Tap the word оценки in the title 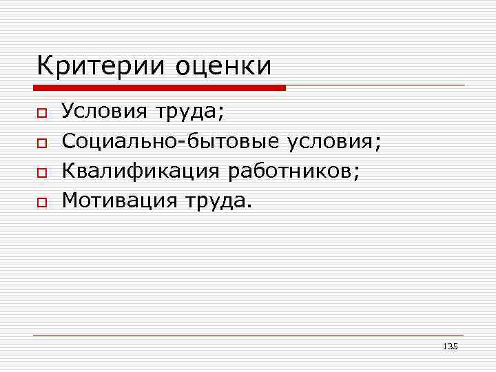pos(224,68)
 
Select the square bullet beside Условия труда pos(41,112)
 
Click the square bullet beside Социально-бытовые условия pos(41,143)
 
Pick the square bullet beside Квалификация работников pos(41,173)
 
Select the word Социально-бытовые pos(171,141)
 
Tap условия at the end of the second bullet pos(332,143)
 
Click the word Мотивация pos(118,201)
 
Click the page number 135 pos(451,346)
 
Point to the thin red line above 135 pos(248,335)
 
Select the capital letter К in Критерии pos(46,66)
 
